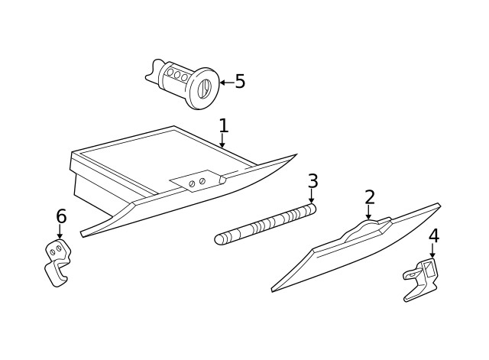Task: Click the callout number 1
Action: [223, 125]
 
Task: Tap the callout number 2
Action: [370, 197]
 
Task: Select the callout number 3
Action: [313, 181]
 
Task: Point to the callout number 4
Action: [433, 236]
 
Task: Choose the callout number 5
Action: [240, 82]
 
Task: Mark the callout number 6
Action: [61, 217]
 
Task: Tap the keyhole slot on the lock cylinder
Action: [204, 89]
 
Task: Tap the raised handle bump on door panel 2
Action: [368, 226]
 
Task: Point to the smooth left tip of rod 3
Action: [220, 240]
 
